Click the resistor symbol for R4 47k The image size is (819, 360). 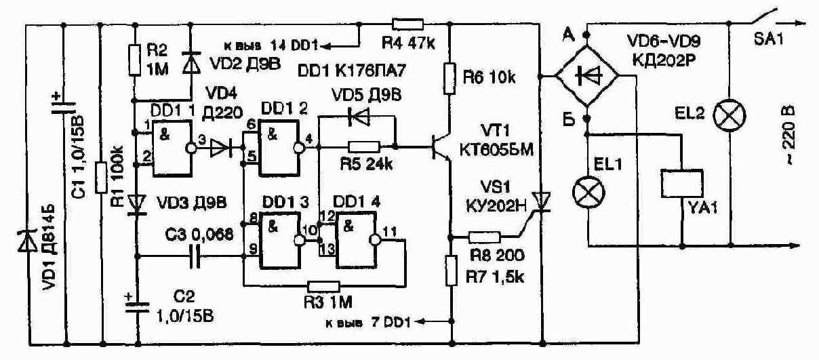click(x=407, y=24)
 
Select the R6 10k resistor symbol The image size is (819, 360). click(x=450, y=79)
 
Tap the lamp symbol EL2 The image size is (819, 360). click(x=730, y=115)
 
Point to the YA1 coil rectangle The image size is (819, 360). click(x=682, y=184)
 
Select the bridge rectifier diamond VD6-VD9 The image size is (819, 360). click(x=587, y=76)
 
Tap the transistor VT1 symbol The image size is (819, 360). click(x=441, y=147)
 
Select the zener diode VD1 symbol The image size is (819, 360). click(x=28, y=241)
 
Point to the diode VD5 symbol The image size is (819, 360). click(x=358, y=117)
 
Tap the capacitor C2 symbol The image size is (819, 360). click(x=137, y=307)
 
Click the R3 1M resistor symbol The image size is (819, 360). click(x=323, y=286)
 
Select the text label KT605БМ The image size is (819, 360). click(x=496, y=150)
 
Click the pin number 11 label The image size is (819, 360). click(x=389, y=231)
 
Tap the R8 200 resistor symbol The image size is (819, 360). click(x=484, y=238)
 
